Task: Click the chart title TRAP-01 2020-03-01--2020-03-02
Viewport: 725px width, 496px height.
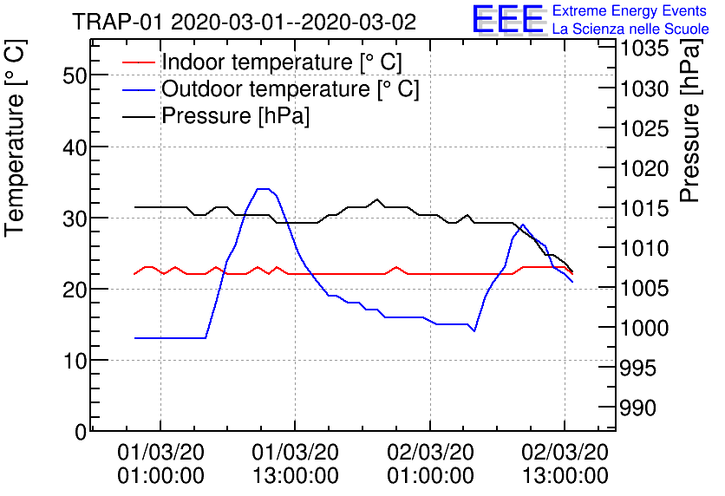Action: (244, 22)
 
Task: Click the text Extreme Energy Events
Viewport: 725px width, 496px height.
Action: (630, 11)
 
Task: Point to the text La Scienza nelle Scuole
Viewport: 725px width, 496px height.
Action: (630, 29)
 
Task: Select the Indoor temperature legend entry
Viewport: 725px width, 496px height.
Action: (282, 62)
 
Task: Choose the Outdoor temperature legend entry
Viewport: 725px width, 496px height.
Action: (290, 89)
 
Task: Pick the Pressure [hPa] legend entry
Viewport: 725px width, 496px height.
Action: (235, 115)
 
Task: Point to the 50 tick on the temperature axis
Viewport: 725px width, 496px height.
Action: (75, 75)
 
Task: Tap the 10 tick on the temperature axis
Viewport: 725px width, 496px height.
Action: (75, 360)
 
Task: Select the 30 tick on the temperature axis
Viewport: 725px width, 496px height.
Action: (75, 218)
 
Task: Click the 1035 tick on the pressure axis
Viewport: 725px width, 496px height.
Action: (643, 49)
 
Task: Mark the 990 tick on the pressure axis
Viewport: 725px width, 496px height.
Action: (637, 408)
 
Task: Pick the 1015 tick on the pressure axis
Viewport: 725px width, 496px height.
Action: (643, 208)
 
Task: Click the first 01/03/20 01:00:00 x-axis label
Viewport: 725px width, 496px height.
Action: (160, 465)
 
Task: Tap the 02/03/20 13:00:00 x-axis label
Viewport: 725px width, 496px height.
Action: (565, 465)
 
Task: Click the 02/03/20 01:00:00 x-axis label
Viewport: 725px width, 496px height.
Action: (430, 465)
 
